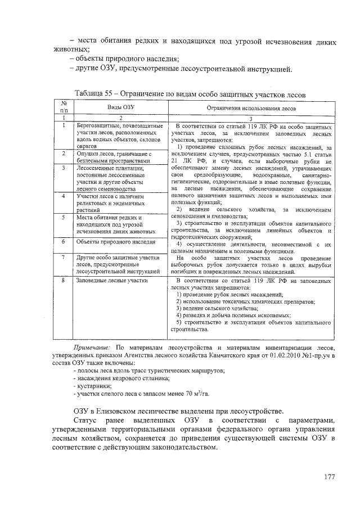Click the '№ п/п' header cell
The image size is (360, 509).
(x=64, y=107)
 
